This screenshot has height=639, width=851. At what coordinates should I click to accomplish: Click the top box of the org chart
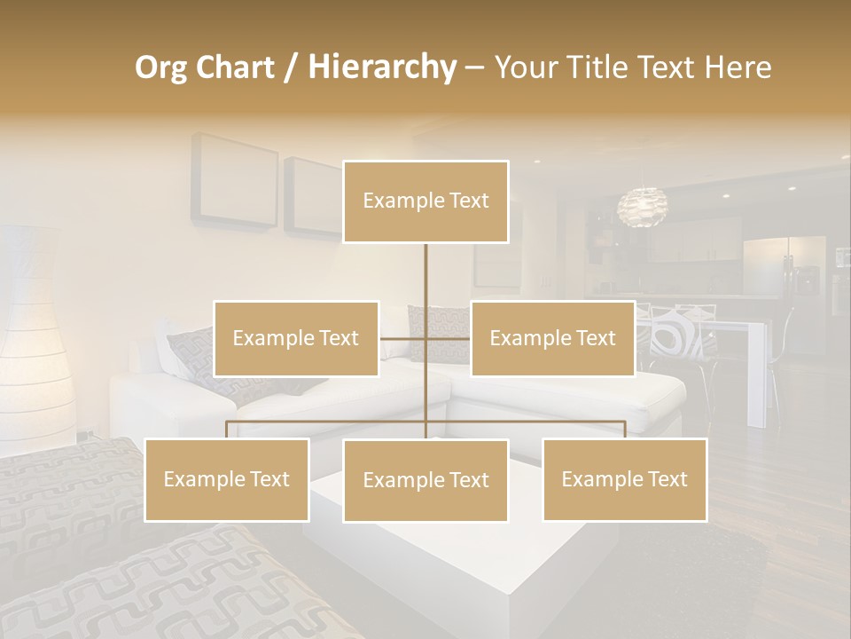pyautogui.click(x=425, y=201)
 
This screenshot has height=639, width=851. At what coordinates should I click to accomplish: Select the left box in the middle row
pyautogui.click(x=296, y=338)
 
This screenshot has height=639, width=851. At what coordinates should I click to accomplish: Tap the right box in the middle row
pyautogui.click(x=552, y=338)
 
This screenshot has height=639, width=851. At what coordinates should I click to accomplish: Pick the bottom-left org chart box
pyautogui.click(x=227, y=479)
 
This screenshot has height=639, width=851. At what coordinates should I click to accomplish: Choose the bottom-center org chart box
pyautogui.click(x=425, y=480)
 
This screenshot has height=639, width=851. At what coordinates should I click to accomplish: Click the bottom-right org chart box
pyautogui.click(x=624, y=479)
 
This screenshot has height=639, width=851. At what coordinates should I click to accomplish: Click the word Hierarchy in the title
pyautogui.click(x=381, y=67)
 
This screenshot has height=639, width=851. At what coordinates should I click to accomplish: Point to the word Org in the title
pyautogui.click(x=161, y=67)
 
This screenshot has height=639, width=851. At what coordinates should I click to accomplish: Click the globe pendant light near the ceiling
pyautogui.click(x=642, y=207)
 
